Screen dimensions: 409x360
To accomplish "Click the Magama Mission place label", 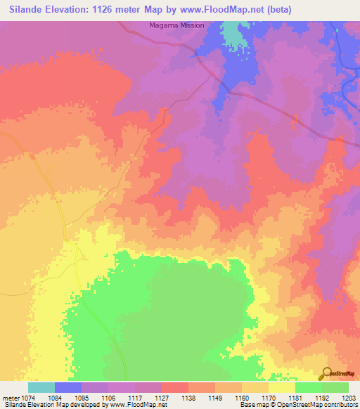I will (176, 26).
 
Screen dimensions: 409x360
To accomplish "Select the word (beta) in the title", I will (276, 10).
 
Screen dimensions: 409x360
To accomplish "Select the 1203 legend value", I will (349, 398).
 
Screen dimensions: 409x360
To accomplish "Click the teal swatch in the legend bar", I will (41, 387).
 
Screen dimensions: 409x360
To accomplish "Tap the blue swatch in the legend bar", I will (68, 387).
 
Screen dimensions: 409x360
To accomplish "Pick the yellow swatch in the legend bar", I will (282, 387).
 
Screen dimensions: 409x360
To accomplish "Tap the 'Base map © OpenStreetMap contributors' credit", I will (297, 405).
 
